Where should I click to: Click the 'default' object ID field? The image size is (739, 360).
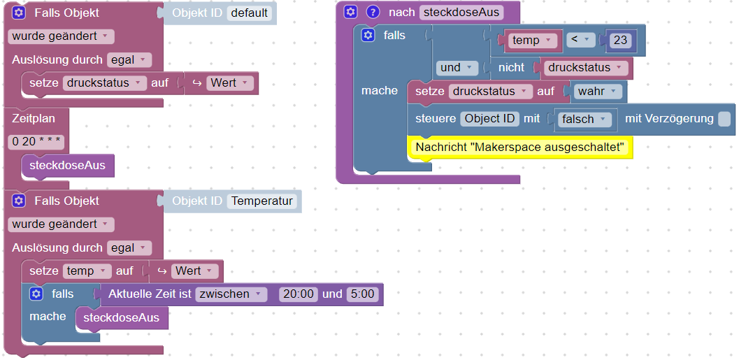coord(250,13)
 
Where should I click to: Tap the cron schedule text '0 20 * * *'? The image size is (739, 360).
coord(37,142)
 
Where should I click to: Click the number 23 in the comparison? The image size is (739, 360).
coord(620,41)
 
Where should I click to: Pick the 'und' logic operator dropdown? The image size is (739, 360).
coord(457,68)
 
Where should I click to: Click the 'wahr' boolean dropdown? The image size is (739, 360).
coord(599,92)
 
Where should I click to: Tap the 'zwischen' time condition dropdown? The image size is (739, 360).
coord(231,294)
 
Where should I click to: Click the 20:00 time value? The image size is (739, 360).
coord(299,294)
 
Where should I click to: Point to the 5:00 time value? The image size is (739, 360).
coord(363,294)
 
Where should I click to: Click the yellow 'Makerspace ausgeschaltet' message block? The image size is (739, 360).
coord(519,147)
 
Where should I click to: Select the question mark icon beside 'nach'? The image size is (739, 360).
coord(373,12)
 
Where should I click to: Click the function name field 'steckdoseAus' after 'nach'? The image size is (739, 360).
coord(461,13)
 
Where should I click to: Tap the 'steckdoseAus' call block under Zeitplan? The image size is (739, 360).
coord(68,166)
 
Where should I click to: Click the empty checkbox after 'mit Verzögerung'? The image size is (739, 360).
coord(724,119)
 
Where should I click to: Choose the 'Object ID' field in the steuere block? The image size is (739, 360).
coord(489,119)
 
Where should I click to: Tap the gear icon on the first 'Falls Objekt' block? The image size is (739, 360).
coord(19,13)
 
